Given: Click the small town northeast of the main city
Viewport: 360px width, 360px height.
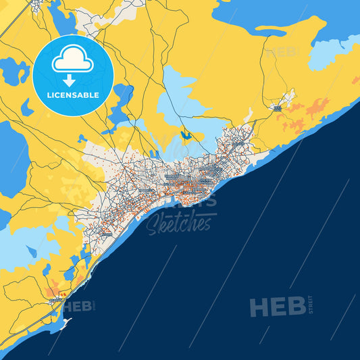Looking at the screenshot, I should pyautogui.click(x=278, y=107).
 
